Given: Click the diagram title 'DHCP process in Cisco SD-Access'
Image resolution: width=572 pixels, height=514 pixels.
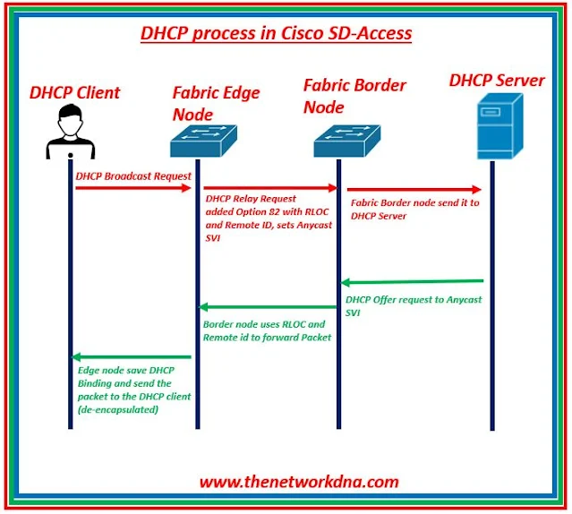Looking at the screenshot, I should (x=276, y=34).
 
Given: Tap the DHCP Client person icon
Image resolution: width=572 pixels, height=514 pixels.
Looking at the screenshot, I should (x=69, y=130).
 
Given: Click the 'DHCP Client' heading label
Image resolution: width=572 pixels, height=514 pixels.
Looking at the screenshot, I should (x=74, y=92).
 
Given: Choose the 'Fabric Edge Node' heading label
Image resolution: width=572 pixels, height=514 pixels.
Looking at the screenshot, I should (x=204, y=102).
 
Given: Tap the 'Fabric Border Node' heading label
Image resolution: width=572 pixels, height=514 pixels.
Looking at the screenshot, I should (x=354, y=96).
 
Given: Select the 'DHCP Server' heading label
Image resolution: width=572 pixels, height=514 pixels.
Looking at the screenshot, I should (x=497, y=81).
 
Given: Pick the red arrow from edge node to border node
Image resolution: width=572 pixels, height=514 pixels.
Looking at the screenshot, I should (x=269, y=189).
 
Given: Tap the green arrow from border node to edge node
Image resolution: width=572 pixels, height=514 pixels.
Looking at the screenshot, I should (x=269, y=307).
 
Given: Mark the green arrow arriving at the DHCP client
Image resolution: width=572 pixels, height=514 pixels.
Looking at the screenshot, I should (x=134, y=357).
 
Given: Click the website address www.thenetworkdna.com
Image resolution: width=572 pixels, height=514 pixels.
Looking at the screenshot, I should (x=299, y=482).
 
